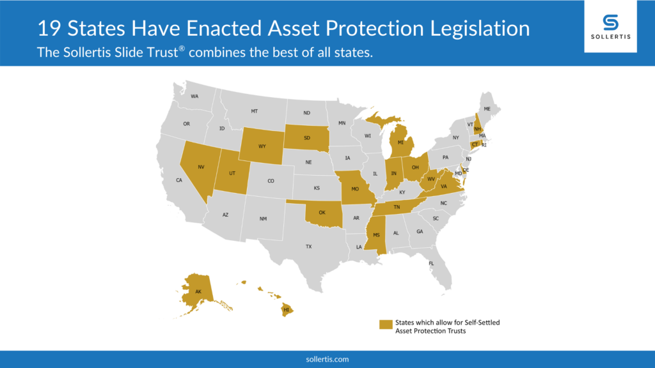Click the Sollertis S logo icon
pos(610,22)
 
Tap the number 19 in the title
pos(49,28)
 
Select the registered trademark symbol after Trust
pos(182,49)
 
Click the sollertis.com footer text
pos(327,359)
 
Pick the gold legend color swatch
pos(386,324)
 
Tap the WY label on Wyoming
pos(262,146)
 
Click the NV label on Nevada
pos(201,167)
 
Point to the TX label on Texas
pos(308,247)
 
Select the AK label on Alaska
pos(198,291)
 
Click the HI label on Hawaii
pos(286,310)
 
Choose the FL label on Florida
pos(431,263)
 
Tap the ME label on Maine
pos(487,109)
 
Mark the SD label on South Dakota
pos(307,138)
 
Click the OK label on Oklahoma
pos(322,212)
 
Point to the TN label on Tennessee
pos(397,207)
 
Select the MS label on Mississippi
pos(376,235)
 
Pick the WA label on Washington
pos(194,96)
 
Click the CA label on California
pos(179,180)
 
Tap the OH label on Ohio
pos(414,167)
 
